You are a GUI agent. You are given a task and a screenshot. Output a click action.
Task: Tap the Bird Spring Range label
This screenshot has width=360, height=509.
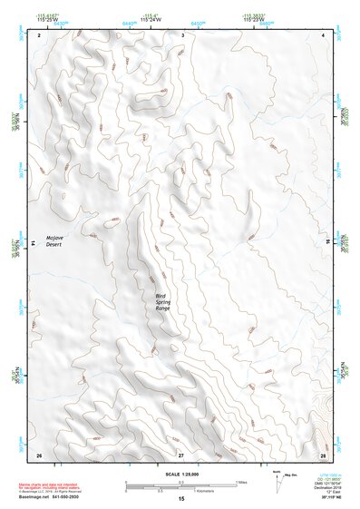(x=162, y=302)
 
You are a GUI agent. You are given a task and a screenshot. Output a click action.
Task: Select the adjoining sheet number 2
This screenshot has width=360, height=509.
(x=40, y=34)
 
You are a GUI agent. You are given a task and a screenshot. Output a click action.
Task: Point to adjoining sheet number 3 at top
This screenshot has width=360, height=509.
(x=182, y=34)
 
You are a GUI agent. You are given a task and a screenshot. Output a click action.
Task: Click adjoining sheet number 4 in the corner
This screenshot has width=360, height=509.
(x=323, y=34)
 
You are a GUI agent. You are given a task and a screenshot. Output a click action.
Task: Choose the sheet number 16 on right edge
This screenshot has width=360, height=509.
(x=328, y=242)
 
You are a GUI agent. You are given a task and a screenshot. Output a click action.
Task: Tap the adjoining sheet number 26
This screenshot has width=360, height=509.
(x=39, y=454)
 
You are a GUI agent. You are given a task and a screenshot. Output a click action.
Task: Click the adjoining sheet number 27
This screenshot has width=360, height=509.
(x=181, y=454)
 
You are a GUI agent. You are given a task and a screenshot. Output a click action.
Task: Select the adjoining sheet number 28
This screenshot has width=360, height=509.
(x=323, y=454)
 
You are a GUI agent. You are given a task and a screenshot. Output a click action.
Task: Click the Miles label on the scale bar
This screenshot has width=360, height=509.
(x=242, y=481)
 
